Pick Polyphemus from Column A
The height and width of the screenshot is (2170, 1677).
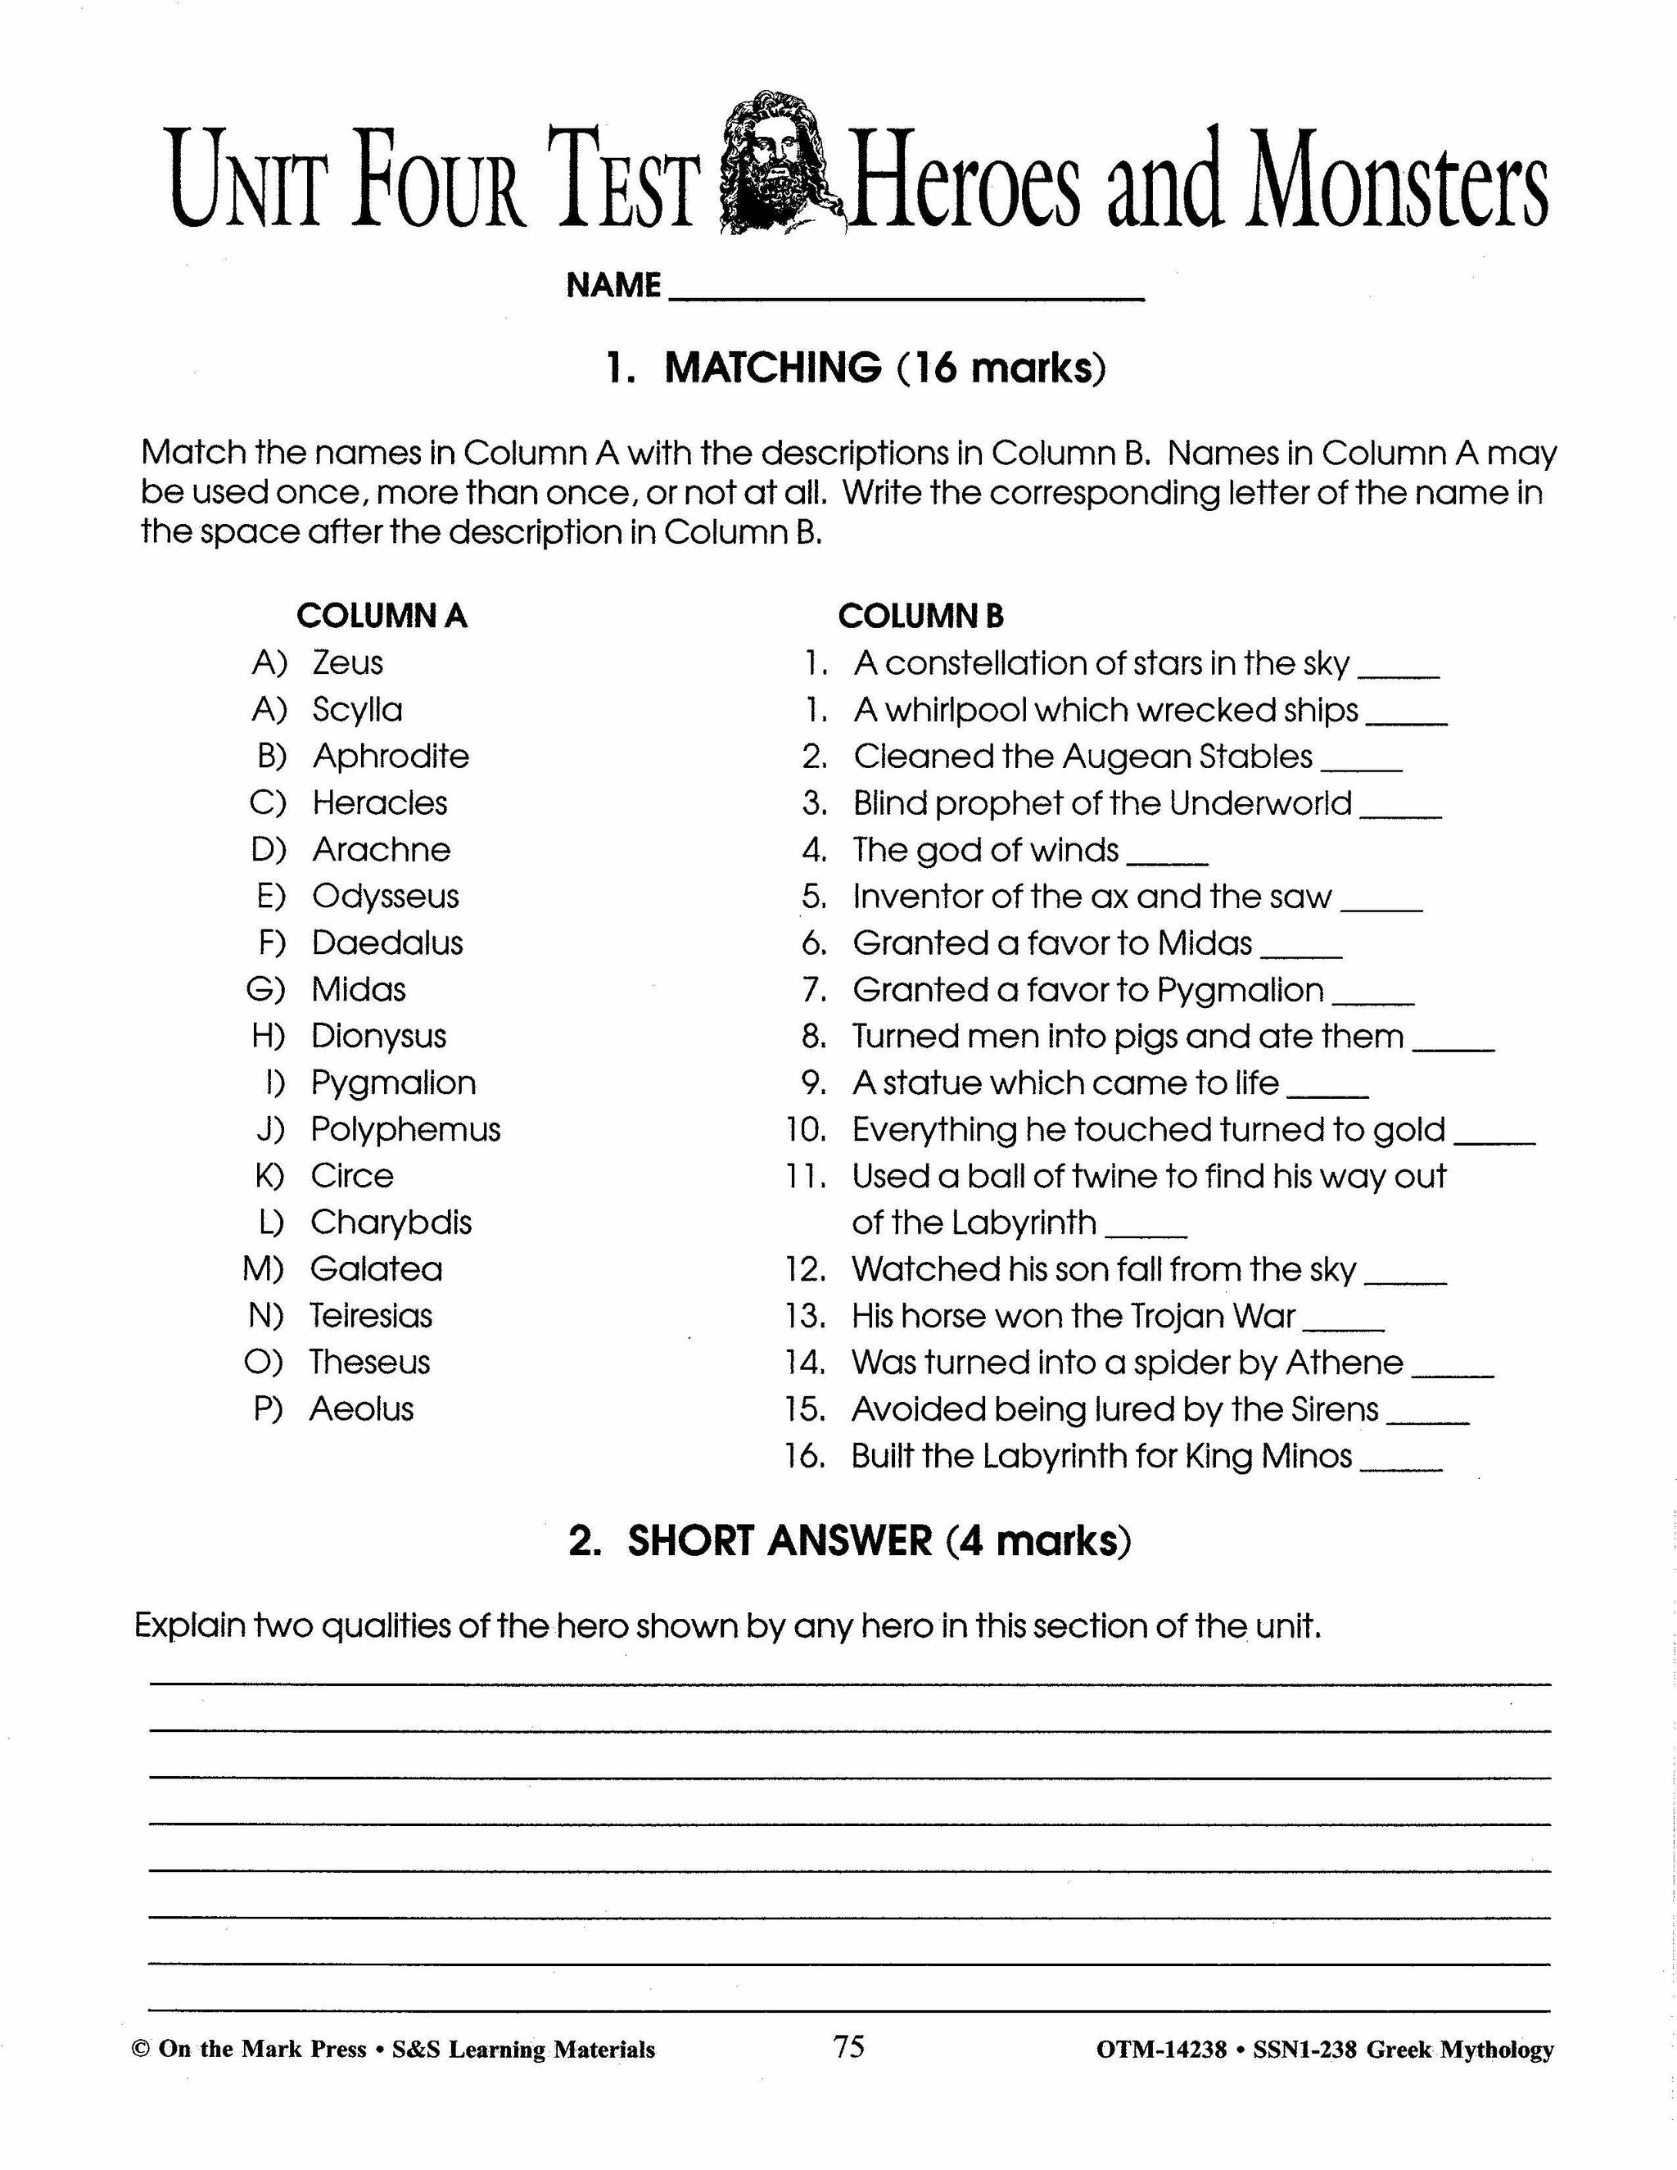coord(405,1130)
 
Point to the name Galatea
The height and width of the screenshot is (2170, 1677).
coord(376,1268)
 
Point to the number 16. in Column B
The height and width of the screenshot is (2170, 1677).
coord(805,1457)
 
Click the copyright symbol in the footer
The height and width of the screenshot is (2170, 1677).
coord(141,2050)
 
